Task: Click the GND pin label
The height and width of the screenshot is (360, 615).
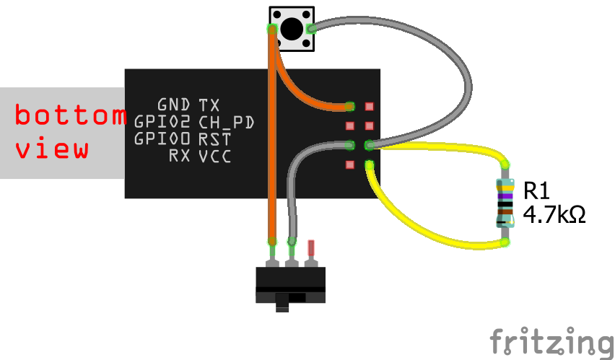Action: (174, 105)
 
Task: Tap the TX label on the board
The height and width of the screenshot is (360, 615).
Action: (209, 105)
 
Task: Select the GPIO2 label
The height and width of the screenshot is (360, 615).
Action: (162, 122)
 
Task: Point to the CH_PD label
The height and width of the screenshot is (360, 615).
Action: (227, 123)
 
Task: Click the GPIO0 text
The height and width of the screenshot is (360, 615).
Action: (162, 139)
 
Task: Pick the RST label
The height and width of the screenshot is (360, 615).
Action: (214, 139)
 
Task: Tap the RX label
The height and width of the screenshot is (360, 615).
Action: (180, 156)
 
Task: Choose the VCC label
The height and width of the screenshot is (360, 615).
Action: (214, 156)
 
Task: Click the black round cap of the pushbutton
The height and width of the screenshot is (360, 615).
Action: (292, 29)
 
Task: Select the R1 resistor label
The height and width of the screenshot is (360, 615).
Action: (536, 190)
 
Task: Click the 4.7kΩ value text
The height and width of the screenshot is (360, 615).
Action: (554, 214)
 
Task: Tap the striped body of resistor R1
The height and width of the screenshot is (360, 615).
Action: (505, 203)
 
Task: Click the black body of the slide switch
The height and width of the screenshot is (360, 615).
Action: (291, 285)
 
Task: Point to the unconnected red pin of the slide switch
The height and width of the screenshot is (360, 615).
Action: (311, 248)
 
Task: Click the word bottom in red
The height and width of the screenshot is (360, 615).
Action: (71, 114)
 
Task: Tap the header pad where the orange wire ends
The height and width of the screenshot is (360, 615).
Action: (349, 106)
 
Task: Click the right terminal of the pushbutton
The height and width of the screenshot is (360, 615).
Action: (310, 29)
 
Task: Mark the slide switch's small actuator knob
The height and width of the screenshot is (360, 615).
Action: (282, 302)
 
